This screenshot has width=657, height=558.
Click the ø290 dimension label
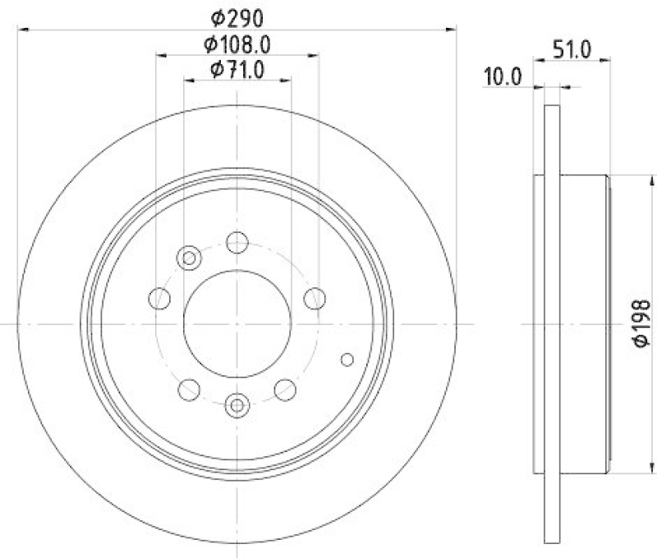tap(237, 16)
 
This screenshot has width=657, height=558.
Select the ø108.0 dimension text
tap(237, 43)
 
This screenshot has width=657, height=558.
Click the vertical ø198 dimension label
tap(643, 326)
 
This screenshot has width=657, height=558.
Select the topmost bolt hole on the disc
tap(237, 242)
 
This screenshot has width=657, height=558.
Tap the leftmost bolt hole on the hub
tap(159, 299)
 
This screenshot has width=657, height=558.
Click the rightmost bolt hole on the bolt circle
tap(315, 299)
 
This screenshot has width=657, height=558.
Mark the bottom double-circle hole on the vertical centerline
tap(237, 404)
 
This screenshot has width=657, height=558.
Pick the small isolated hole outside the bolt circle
tap(347, 359)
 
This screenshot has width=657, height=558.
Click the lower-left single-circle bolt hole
tap(189, 389)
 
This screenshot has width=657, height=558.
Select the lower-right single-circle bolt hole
tap(285, 389)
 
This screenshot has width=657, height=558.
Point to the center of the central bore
tap(237, 324)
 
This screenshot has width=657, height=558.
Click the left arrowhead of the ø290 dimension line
tap(23, 29)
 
